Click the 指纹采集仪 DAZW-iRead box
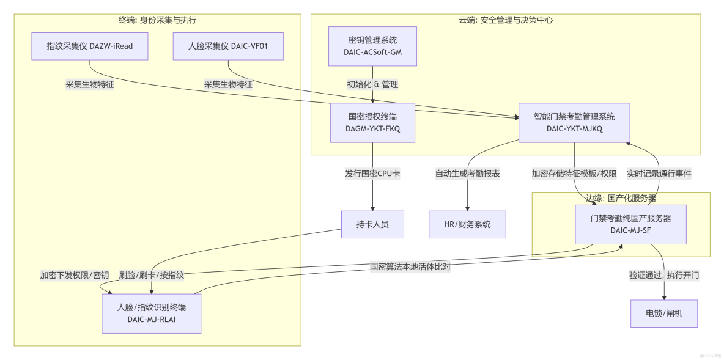click(x=89, y=46)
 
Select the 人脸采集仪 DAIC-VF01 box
click(x=228, y=46)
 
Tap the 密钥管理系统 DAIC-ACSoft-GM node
click(x=372, y=46)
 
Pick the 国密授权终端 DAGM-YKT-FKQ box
click(x=372, y=123)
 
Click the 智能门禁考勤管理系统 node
click(x=574, y=123)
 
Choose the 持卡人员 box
click(x=372, y=225)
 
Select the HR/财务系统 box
click(x=467, y=225)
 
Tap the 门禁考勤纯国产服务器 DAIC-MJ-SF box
click(x=630, y=224)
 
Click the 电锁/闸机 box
click(x=664, y=314)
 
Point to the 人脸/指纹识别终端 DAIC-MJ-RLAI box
click(x=152, y=314)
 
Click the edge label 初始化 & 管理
click(x=372, y=84)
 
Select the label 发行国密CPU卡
click(x=372, y=174)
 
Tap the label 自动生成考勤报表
click(x=467, y=174)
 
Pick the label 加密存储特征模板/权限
click(x=574, y=174)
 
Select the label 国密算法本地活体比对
click(x=410, y=267)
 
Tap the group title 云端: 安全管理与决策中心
click(x=506, y=20)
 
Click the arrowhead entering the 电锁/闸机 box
click(x=664, y=298)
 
